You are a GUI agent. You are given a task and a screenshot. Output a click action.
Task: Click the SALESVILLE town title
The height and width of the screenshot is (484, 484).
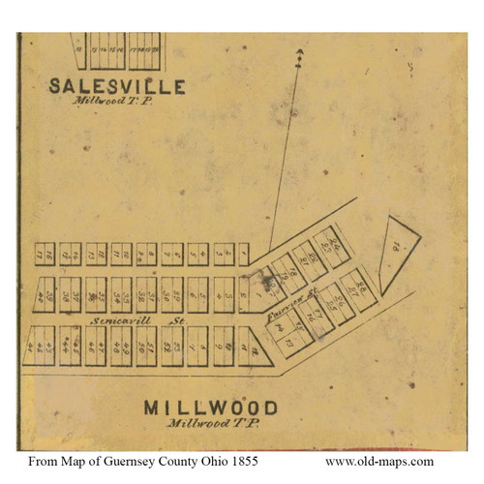[117, 86]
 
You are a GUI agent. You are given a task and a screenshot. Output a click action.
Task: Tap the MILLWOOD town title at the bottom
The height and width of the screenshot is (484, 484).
[210, 408]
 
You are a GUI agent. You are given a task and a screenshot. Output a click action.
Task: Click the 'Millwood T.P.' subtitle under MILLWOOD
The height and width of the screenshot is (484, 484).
[210, 424]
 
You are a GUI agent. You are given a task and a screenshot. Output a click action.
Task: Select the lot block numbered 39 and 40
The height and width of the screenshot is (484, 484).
[45, 289]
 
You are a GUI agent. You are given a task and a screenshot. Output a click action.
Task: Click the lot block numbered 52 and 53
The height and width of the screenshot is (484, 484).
[172, 345]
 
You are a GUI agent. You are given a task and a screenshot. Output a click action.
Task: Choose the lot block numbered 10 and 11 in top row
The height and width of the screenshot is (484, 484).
[121, 254]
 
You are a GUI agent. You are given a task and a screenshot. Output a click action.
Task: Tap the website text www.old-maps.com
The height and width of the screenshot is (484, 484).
[378, 462]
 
